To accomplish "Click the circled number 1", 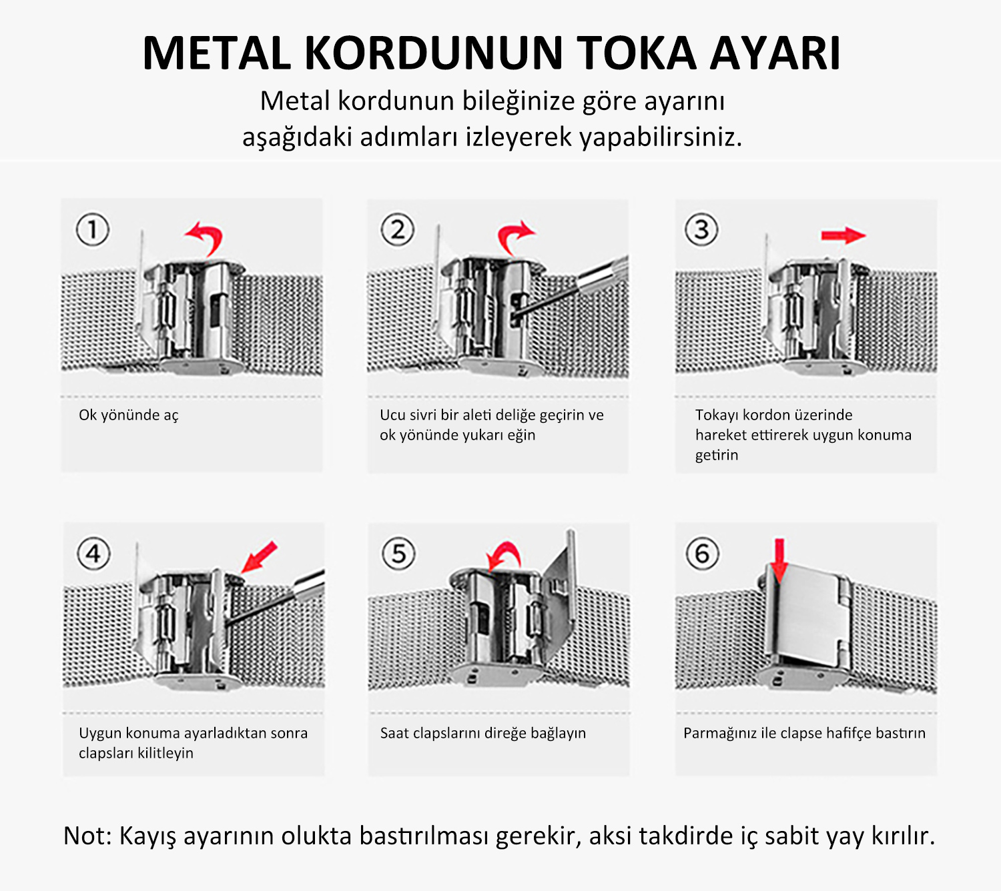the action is click(92, 229).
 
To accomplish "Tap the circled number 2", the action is click(397, 229).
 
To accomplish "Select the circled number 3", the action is click(701, 229).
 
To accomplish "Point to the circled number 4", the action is click(93, 554).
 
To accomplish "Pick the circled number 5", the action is click(398, 554).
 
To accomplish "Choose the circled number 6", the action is click(702, 554).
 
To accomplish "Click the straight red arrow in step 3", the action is click(844, 235).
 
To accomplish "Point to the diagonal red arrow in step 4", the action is click(260, 557).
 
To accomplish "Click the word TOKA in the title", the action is click(636, 53).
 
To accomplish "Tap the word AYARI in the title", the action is click(775, 53).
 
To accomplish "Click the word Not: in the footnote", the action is click(88, 836).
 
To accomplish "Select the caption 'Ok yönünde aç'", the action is click(128, 415).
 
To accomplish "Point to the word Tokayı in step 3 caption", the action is click(717, 415).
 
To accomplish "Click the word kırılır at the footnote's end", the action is click(903, 836).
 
